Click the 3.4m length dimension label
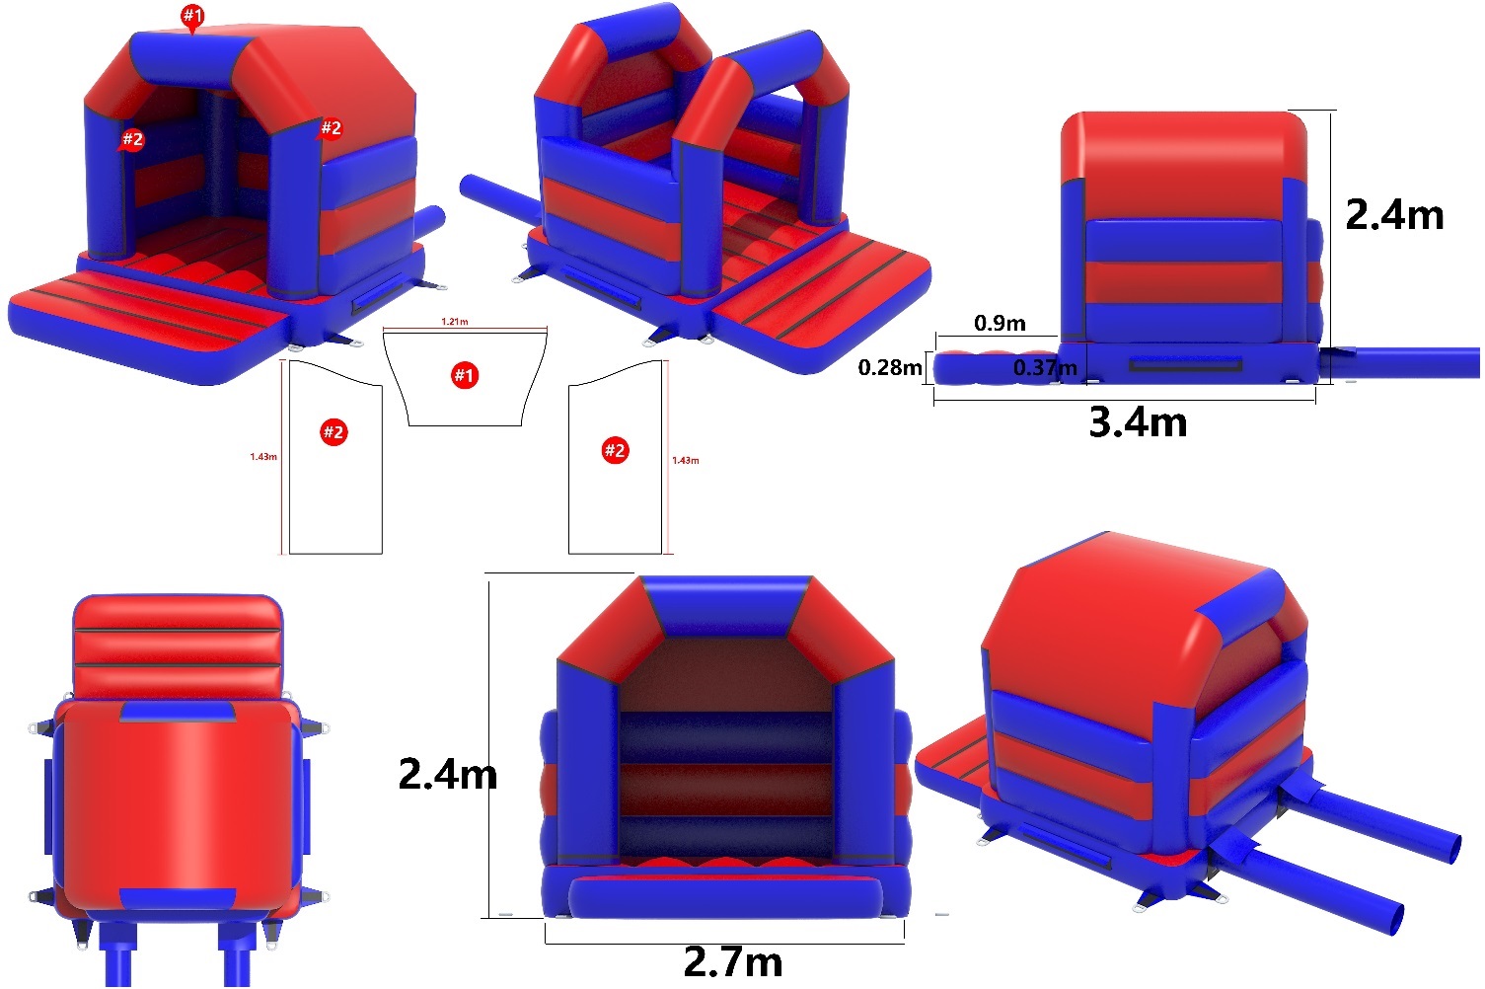[x=1138, y=421]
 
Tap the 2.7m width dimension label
[x=732, y=961]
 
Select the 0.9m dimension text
[x=1000, y=323]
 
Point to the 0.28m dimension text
[x=890, y=367]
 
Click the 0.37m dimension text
[x=1045, y=367]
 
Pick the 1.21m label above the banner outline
[x=455, y=322]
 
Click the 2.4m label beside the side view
[x=1394, y=215]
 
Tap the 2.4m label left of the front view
[x=448, y=774]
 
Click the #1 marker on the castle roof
[x=192, y=16]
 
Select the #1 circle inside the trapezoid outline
[x=465, y=375]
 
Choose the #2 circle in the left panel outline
[x=334, y=432]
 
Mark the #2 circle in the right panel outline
[x=615, y=451]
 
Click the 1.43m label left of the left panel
[x=263, y=456]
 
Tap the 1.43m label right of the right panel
[x=686, y=460]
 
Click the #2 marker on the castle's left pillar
[x=132, y=139]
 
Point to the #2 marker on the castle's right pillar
[x=331, y=127]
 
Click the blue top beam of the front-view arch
[x=727, y=606]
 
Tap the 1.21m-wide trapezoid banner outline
[x=465, y=379]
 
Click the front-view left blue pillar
[x=589, y=763]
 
